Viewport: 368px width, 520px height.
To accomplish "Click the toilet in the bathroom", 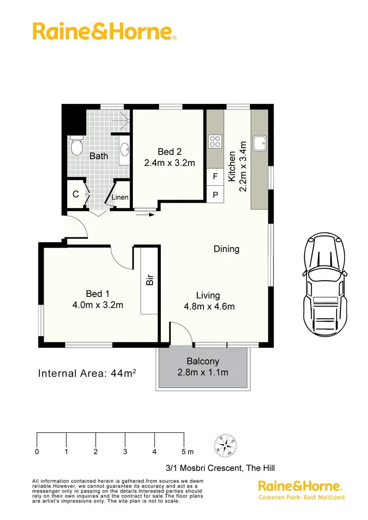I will pyautogui.click(x=76, y=146).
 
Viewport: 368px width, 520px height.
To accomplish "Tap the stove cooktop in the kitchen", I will pyautogui.click(x=215, y=141).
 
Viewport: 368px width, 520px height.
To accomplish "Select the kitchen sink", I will pyautogui.click(x=260, y=143).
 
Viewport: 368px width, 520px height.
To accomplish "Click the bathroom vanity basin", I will pyautogui.click(x=124, y=148).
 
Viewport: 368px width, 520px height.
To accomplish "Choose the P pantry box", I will pyautogui.click(x=215, y=194).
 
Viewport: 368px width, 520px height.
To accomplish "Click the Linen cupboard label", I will pyautogui.click(x=120, y=197).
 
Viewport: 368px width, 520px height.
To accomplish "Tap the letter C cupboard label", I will pyautogui.click(x=76, y=194).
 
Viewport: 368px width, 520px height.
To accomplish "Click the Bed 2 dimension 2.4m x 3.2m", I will pyautogui.click(x=170, y=162).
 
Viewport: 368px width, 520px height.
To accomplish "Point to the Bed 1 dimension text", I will pyautogui.click(x=98, y=305).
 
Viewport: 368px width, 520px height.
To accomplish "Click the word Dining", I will pyautogui.click(x=226, y=249).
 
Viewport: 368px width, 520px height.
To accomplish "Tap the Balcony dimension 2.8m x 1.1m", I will pyautogui.click(x=203, y=372).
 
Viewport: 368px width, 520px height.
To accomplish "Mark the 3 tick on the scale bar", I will pyautogui.click(x=125, y=451).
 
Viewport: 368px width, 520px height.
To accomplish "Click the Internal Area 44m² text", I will pyautogui.click(x=87, y=374).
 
